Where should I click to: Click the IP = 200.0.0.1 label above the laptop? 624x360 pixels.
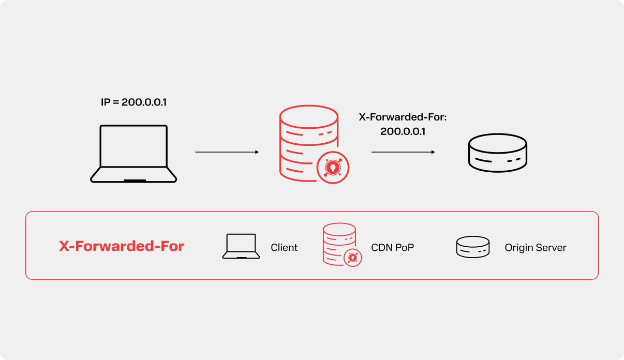click(x=133, y=102)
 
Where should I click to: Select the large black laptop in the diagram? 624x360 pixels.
click(x=133, y=154)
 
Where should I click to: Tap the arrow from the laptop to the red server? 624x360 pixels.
click(x=226, y=152)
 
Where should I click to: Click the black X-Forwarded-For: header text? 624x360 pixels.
click(x=403, y=117)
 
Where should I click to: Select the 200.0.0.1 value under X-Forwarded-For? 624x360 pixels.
click(x=403, y=131)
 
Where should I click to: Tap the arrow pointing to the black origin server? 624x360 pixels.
click(x=403, y=152)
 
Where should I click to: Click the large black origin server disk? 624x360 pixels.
click(x=497, y=153)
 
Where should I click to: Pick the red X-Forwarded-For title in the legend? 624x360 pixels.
click(x=122, y=246)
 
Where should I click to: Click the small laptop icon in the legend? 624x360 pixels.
click(x=241, y=246)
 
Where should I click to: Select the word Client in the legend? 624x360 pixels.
click(x=284, y=248)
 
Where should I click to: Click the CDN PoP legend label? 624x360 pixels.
click(x=392, y=248)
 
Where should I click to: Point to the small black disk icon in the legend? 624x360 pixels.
click(x=472, y=247)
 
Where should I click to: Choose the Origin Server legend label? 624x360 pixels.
click(x=535, y=248)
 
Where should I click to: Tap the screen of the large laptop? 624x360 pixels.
click(x=133, y=146)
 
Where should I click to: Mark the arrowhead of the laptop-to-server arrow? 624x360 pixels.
click(x=256, y=152)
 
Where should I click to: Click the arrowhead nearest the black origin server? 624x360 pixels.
click(x=433, y=152)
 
